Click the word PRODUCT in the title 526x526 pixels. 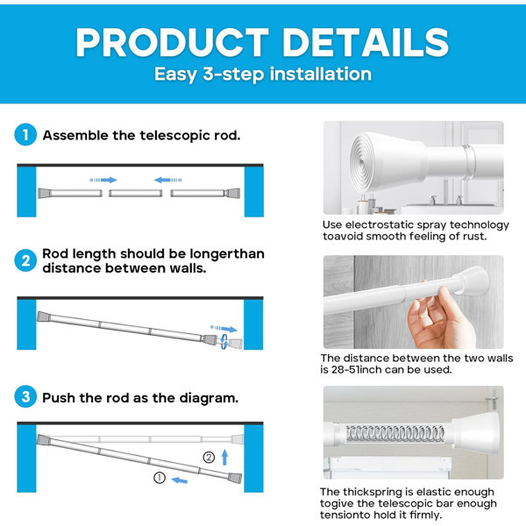coord(172,42)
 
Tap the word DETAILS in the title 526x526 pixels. coord(366,42)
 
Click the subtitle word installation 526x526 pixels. coord(321,74)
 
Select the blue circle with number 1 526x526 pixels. coord(25,135)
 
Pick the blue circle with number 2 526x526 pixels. coord(25,260)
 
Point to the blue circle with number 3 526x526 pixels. coord(25,397)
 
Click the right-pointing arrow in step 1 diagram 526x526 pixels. coord(103,180)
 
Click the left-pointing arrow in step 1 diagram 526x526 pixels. coord(168,180)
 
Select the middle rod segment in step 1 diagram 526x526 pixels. coord(136,194)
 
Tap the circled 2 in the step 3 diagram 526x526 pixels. coord(209,458)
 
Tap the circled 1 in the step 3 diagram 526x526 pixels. coord(160,478)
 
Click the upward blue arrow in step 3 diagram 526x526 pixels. coord(224,458)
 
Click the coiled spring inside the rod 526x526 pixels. coord(395,433)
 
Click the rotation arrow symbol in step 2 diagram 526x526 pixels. coord(224,342)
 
